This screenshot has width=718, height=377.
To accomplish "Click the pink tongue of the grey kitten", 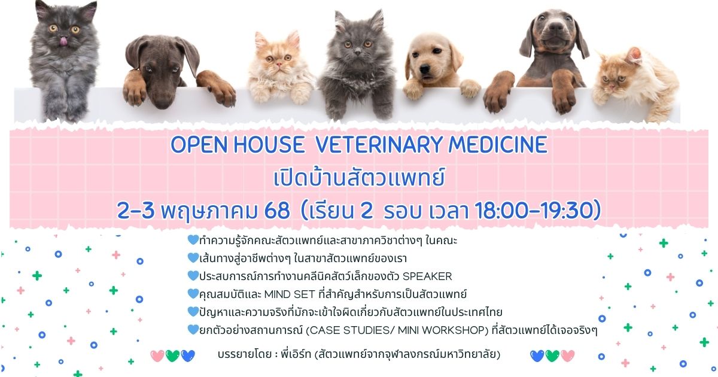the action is pyautogui.click(x=64, y=41).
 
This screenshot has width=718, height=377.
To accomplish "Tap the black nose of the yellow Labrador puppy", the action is pyautogui.click(x=425, y=69).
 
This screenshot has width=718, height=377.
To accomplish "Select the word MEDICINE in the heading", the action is pyautogui.click(x=498, y=145).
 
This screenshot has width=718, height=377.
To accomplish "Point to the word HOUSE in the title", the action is pyautogui.click(x=269, y=145).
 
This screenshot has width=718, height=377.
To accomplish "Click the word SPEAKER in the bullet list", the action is pyautogui.click(x=427, y=276).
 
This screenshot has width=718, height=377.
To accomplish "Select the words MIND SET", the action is pyautogui.click(x=290, y=294).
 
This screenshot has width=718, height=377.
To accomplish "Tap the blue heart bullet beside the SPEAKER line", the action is pyautogui.click(x=193, y=276).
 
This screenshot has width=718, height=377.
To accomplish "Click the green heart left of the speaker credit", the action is pyautogui.click(x=172, y=356).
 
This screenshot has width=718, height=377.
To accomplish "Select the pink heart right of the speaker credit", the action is pyautogui.click(x=568, y=356).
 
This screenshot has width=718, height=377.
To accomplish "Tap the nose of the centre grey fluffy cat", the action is pyautogui.click(x=357, y=51).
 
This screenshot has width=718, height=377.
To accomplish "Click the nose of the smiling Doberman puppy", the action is pyautogui.click(x=556, y=27).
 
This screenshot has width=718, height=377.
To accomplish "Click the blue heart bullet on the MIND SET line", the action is pyautogui.click(x=193, y=294).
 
